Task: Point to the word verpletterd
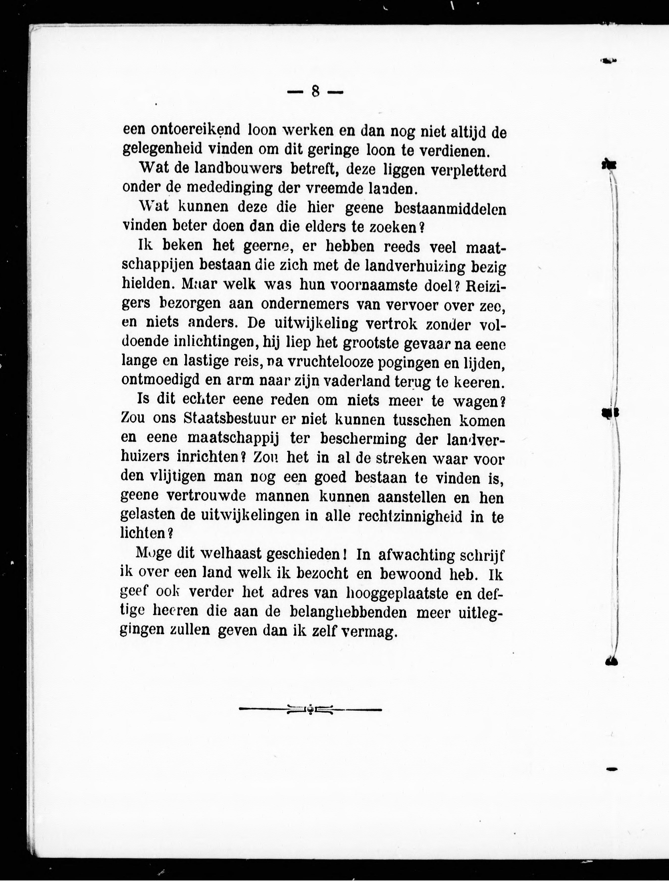[x=464, y=171]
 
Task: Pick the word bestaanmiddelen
[x=450, y=208]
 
